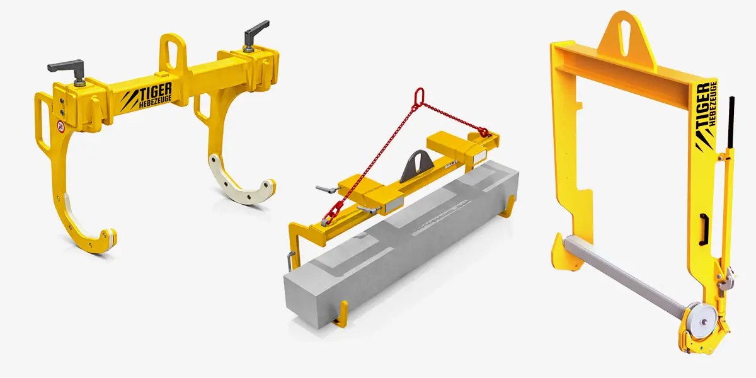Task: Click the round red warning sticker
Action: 60,126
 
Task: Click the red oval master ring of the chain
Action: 419,97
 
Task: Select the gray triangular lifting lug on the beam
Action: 418,165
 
